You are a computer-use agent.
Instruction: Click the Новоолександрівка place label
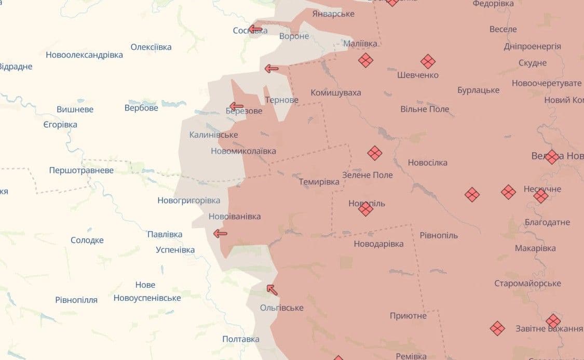(84, 55)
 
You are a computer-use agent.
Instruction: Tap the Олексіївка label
(151, 47)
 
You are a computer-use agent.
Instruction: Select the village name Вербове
(141, 108)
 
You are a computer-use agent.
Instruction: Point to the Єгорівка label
(60, 125)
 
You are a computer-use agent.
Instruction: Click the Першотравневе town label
(81, 170)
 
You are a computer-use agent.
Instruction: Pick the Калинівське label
(213, 135)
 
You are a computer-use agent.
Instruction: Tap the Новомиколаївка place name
(243, 151)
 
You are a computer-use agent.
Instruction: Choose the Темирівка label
(319, 182)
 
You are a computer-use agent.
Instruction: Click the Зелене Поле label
(367, 175)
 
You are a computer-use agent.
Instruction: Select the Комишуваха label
(335, 92)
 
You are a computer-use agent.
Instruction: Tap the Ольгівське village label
(281, 308)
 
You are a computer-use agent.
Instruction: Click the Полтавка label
(240, 339)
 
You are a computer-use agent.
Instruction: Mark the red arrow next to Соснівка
(255, 29)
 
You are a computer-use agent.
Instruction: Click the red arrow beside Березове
(236, 106)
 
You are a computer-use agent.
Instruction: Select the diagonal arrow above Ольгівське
(271, 289)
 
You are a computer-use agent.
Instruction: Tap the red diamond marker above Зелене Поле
(375, 153)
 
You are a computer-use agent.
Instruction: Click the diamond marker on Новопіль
(365, 209)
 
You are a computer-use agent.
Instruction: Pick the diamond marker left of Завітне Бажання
(497, 328)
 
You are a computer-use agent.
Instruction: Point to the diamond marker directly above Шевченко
(428, 61)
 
